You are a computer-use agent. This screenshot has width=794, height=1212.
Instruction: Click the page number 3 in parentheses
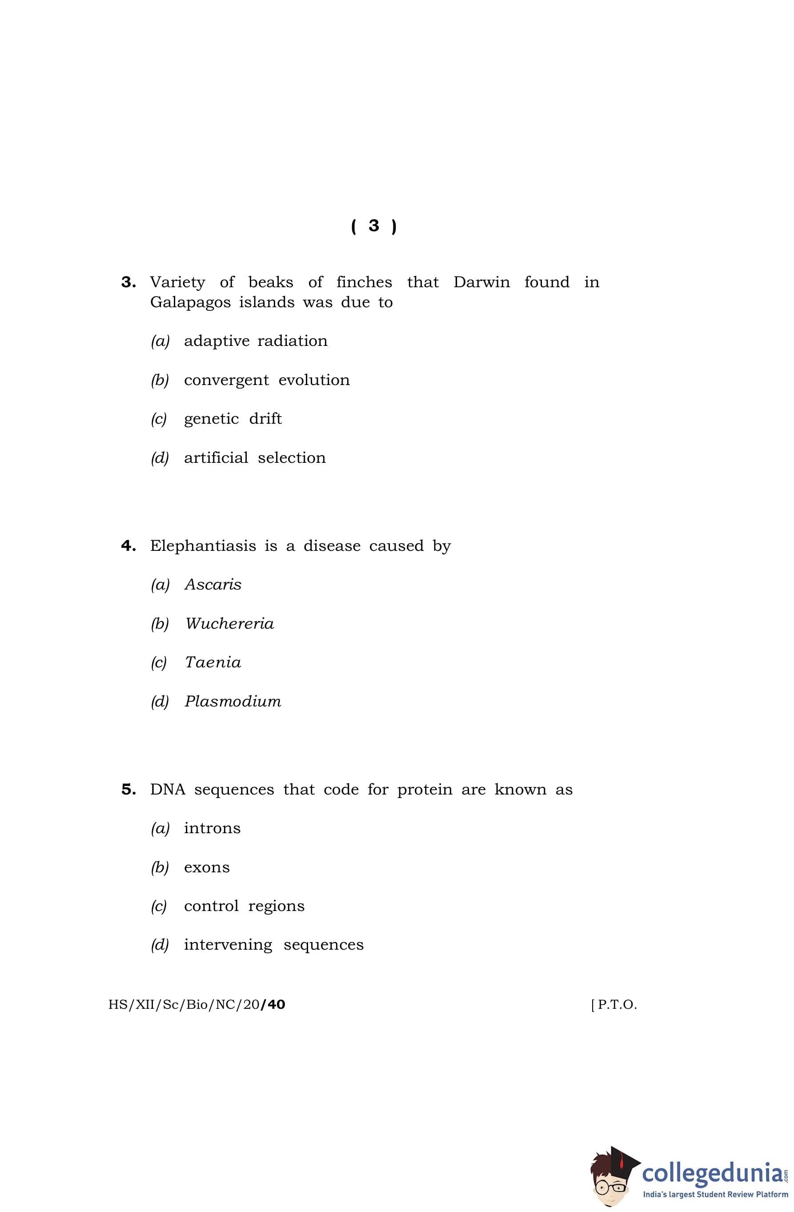[x=374, y=225]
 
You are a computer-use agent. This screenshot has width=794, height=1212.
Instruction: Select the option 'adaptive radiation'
[x=255, y=341]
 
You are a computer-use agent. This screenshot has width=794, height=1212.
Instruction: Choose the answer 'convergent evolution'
[x=266, y=380]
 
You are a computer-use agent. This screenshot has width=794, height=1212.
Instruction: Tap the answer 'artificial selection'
[x=254, y=458]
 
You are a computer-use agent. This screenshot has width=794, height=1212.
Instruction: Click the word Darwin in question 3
[x=481, y=282]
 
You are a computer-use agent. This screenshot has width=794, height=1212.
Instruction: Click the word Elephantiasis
[x=203, y=546]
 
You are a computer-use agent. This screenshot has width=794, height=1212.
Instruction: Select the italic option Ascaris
[x=213, y=585]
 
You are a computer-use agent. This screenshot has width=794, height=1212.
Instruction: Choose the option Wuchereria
[x=229, y=624]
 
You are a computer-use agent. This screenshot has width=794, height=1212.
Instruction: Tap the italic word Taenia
[x=213, y=662]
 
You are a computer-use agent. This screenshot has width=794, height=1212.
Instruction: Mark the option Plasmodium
[x=233, y=702]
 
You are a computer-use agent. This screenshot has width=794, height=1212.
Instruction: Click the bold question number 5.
[x=128, y=790]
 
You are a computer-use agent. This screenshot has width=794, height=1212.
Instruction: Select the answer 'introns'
[x=212, y=829]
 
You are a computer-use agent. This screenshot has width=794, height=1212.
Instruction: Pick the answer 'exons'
[x=206, y=868]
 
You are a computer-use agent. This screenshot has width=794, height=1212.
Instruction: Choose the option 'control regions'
[x=244, y=907]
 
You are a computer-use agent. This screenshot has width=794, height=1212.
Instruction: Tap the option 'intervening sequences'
[x=273, y=945]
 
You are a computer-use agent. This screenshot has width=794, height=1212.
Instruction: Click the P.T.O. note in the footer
[x=614, y=1005]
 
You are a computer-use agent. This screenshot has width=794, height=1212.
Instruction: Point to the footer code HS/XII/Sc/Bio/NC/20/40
[x=196, y=1005]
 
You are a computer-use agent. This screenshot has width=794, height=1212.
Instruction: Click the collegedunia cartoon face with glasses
[x=609, y=1183]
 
